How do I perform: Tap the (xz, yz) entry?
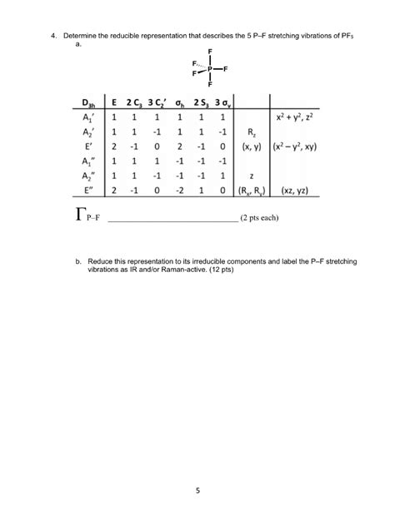(x=312, y=191)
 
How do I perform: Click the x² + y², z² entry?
(x=312, y=120)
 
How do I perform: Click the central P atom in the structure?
(x=210, y=68)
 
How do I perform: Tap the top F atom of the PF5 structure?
(x=210, y=50)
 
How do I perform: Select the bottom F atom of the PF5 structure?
(x=210, y=85)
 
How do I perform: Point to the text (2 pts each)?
(x=264, y=220)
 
